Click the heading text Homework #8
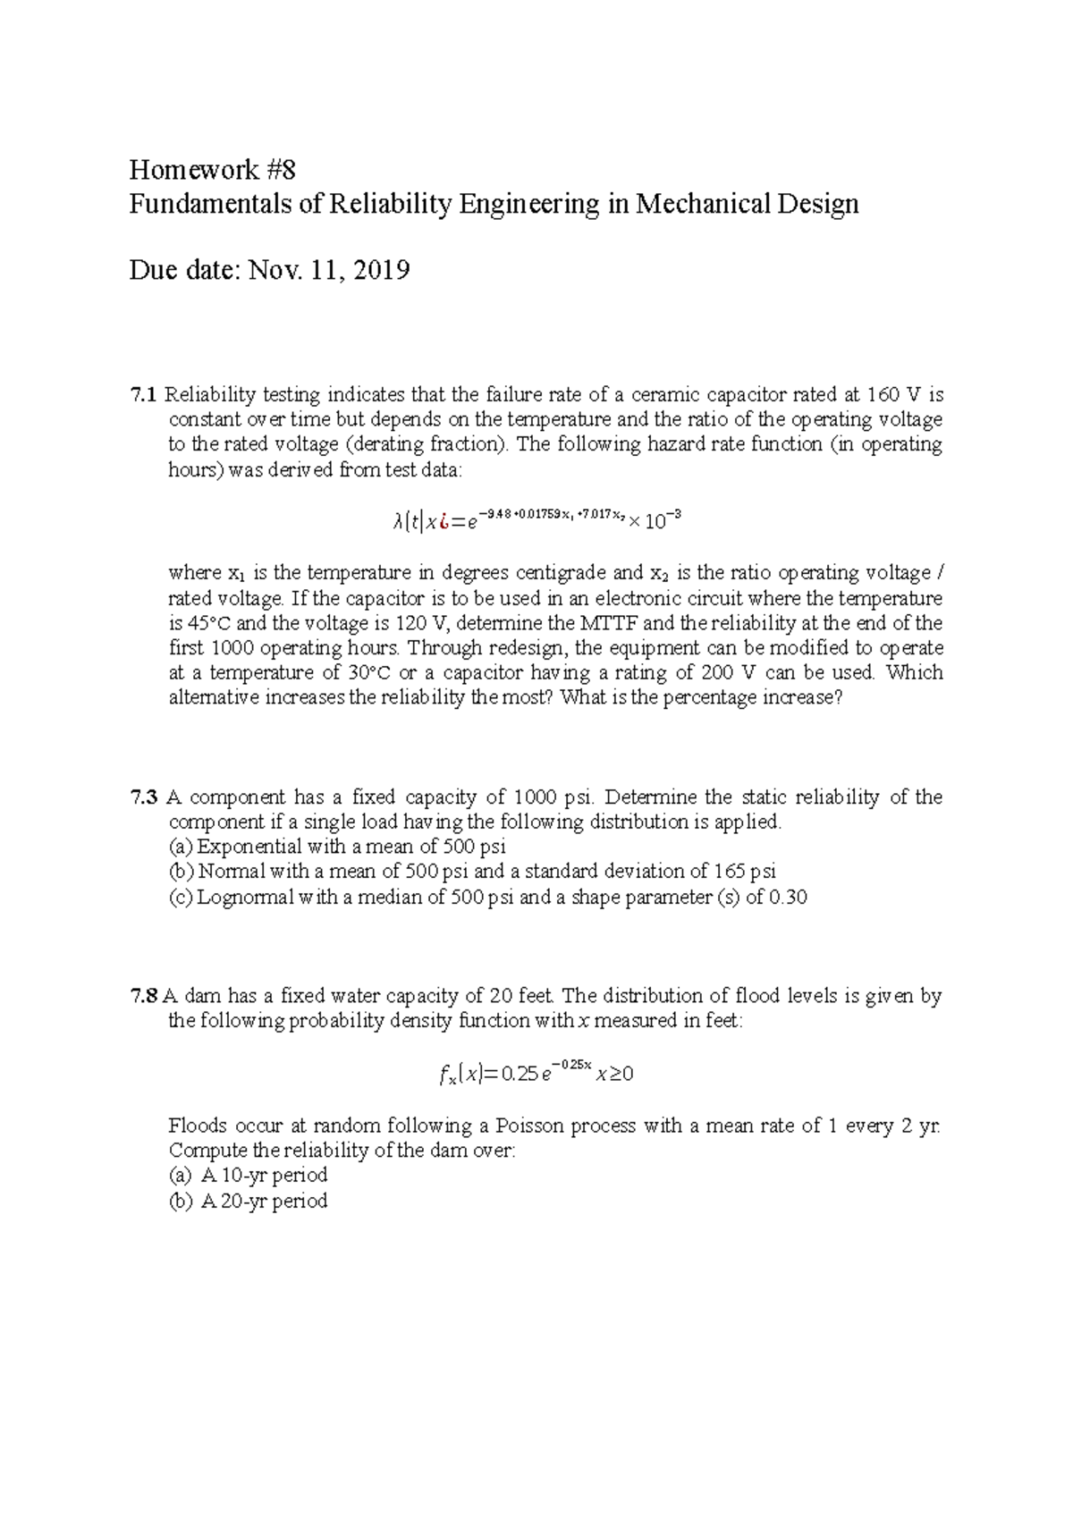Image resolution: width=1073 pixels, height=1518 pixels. pos(212,169)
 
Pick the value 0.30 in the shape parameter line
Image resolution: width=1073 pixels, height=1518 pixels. pos(788,898)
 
